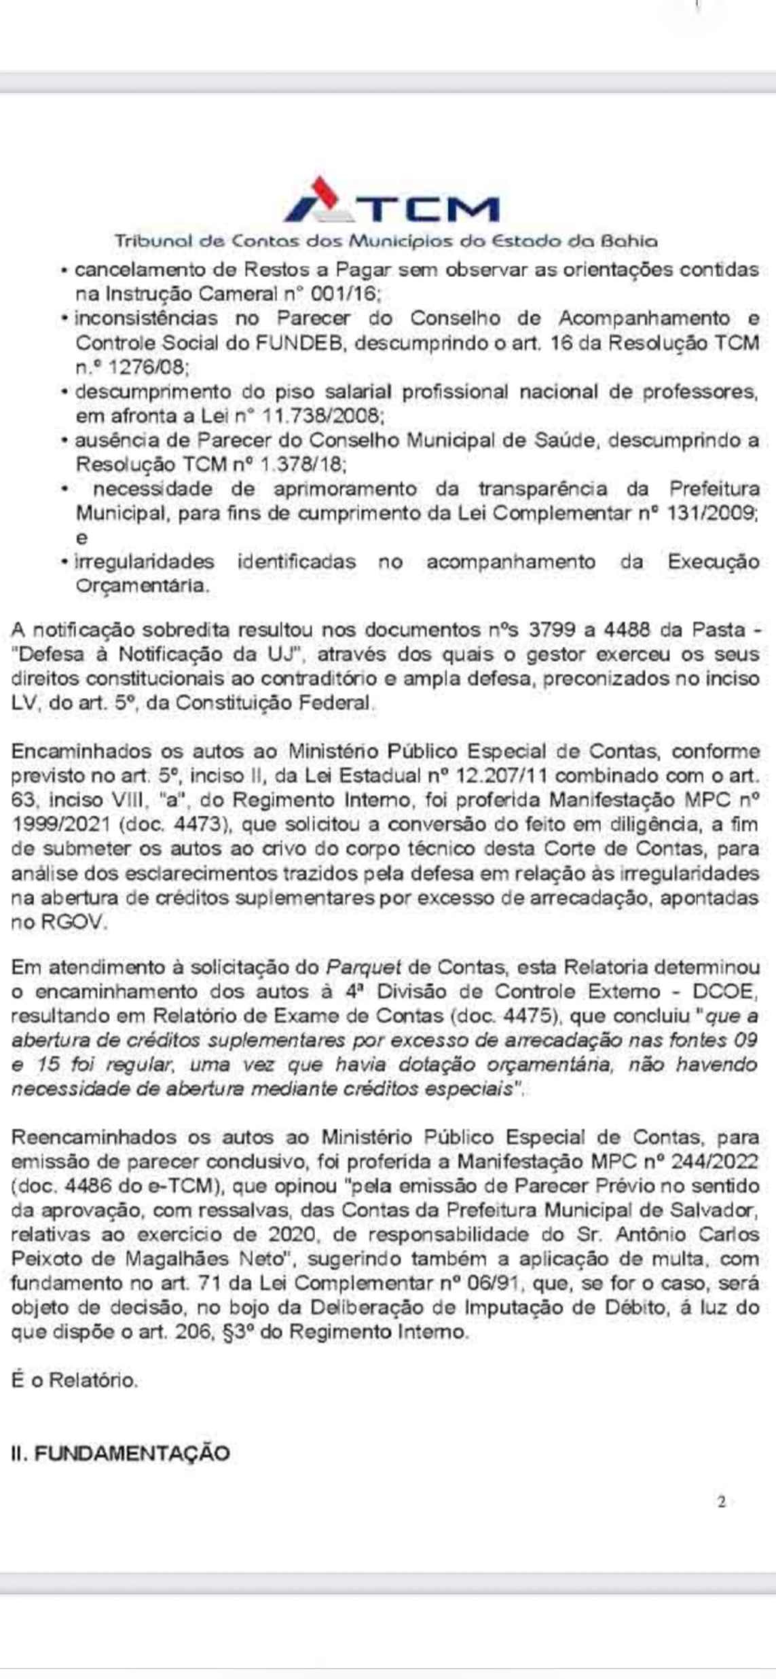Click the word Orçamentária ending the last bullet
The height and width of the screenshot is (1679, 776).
[141, 586]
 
